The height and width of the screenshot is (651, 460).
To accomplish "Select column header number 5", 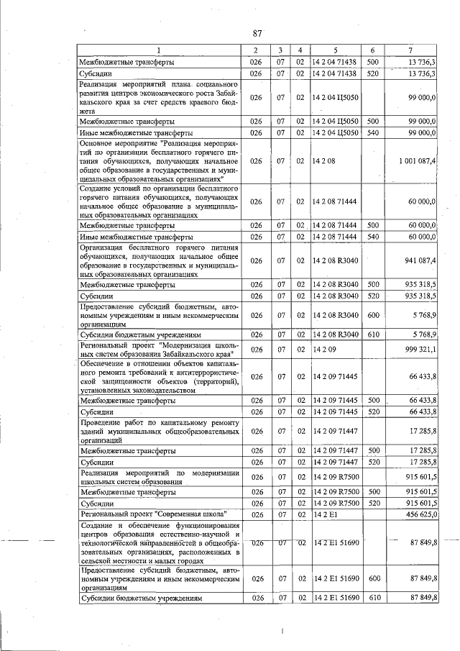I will tap(334, 50).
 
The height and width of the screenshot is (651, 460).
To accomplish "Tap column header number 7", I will tap(410, 50).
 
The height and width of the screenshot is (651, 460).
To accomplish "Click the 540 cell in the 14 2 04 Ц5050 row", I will tap(372, 132).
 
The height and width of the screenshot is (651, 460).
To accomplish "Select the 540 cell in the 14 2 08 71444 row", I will tap(372, 236).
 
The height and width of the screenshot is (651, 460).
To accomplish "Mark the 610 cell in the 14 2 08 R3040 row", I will tap(372, 334).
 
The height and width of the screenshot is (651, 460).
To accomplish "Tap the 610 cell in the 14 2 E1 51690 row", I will tap(372, 598).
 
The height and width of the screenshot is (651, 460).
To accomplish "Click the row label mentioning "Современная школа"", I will tap(155, 514).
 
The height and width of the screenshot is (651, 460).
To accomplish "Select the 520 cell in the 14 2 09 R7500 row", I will tap(372, 503).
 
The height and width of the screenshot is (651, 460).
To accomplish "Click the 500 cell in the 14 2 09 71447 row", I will tap(372, 451).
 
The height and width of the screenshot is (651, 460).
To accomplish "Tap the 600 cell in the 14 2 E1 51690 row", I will tap(372, 578).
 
